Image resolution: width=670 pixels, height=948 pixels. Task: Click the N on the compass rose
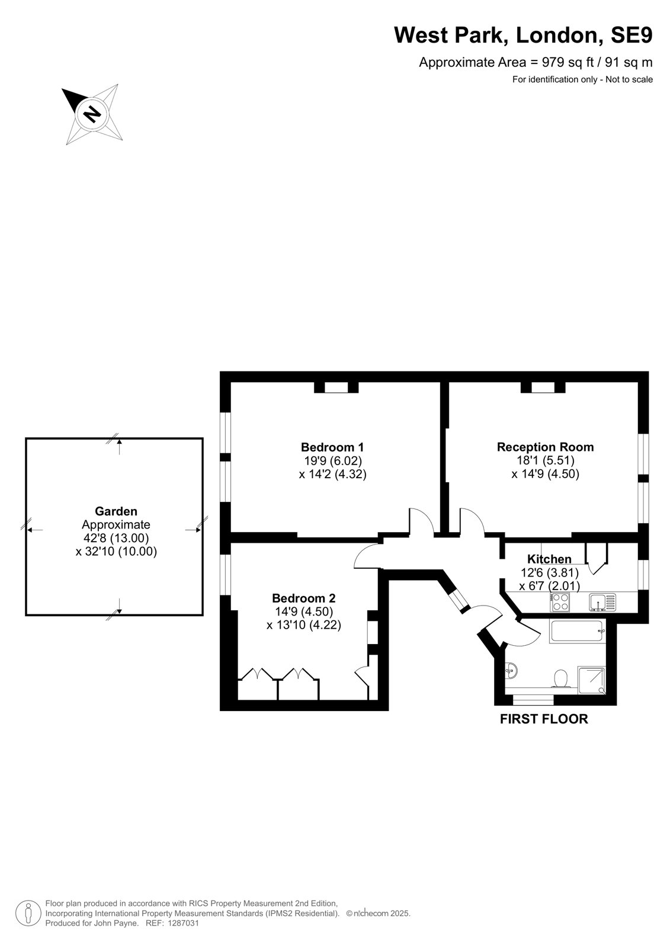coord(92,114)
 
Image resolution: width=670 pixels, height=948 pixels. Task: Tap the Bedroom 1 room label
coord(332,447)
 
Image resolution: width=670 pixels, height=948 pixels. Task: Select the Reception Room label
coord(545,447)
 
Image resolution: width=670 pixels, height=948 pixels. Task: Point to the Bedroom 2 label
coord(303,598)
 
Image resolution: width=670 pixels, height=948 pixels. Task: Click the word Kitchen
coord(549,559)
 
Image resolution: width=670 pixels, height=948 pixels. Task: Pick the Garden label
coord(116,511)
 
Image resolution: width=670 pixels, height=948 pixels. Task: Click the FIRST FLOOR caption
coord(544,719)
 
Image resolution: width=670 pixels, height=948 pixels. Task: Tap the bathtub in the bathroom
coord(578,632)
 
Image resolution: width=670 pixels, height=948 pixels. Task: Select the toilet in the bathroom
coord(561,678)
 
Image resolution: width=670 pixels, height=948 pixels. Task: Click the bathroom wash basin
coord(511,670)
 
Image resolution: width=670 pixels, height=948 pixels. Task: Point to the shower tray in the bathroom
coord(591,680)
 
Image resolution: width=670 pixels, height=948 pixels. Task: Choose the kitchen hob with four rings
coord(560,601)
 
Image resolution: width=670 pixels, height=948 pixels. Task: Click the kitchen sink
coord(602,602)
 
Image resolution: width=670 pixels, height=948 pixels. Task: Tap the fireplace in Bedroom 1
coord(336,387)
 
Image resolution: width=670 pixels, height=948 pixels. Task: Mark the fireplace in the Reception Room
coord(543,387)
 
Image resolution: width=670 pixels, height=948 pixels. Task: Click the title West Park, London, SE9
coord(523,35)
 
